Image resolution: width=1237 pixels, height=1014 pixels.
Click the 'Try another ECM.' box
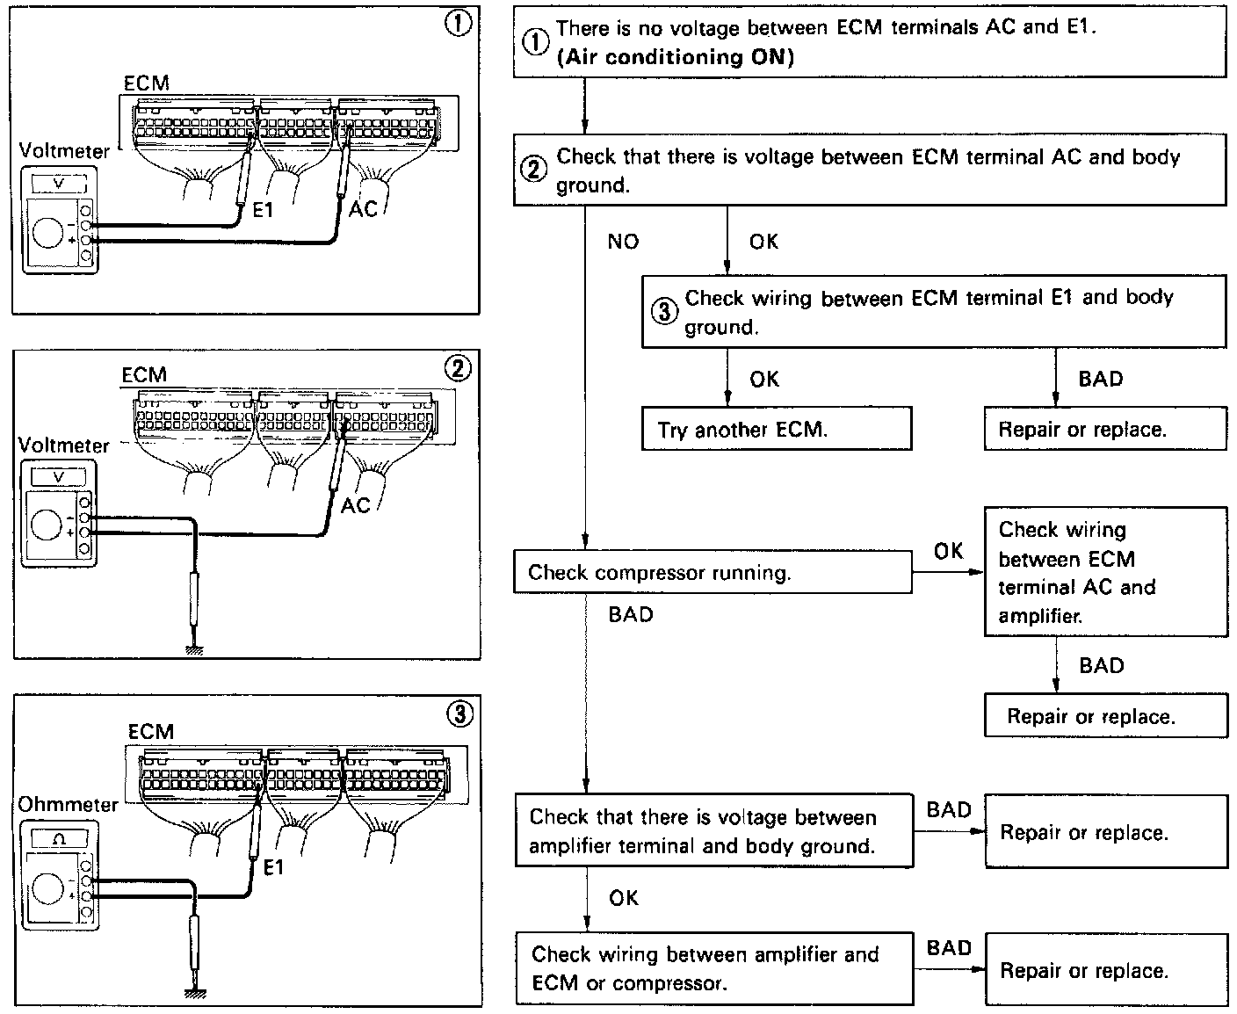pyautogui.click(x=777, y=430)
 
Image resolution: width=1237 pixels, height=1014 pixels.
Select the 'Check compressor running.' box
pyautogui.click(x=712, y=573)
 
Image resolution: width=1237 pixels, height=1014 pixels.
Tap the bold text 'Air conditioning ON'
pyautogui.click(x=676, y=58)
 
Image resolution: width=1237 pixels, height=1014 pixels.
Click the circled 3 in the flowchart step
pyautogui.click(x=664, y=312)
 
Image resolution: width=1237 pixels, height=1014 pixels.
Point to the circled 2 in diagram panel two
pyautogui.click(x=459, y=367)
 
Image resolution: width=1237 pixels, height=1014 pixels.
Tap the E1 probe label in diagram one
pyautogui.click(x=263, y=211)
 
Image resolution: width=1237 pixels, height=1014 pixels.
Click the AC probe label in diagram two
pyautogui.click(x=355, y=506)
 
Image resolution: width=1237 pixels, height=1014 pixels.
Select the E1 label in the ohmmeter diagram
pyautogui.click(x=274, y=867)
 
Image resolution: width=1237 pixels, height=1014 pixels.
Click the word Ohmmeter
pyautogui.click(x=68, y=804)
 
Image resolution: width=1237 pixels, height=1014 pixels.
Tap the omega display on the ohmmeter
pyautogui.click(x=59, y=839)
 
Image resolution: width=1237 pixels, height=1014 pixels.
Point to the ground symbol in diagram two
pyautogui.click(x=194, y=651)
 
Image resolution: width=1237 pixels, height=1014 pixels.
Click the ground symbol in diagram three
pyautogui.click(x=194, y=993)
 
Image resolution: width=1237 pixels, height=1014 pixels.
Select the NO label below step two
pyautogui.click(x=623, y=242)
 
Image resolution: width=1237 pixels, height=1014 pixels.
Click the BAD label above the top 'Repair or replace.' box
pyautogui.click(x=1100, y=379)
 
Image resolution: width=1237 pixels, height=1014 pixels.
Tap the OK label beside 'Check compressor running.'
pyautogui.click(x=948, y=551)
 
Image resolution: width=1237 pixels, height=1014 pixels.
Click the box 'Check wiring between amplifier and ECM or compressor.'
pyautogui.click(x=713, y=968)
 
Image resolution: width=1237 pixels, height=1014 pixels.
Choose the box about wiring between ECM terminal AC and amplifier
pyautogui.click(x=1105, y=572)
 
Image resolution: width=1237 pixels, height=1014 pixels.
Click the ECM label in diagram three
pyautogui.click(x=150, y=731)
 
